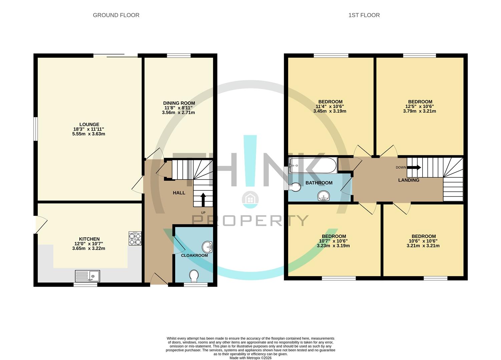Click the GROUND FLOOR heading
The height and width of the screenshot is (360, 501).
pos(116,15)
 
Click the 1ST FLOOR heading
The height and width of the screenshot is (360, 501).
pos(364,15)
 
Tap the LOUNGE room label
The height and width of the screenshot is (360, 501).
pos(89,125)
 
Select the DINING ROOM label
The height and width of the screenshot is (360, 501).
pos(179,103)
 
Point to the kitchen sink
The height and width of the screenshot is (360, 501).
pos(87,276)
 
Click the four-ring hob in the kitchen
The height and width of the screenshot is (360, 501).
pos(135,239)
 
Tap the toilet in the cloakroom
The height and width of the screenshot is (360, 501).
pos(194,276)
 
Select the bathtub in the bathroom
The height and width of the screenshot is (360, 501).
pos(313,165)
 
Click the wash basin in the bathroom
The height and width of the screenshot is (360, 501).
pos(323,196)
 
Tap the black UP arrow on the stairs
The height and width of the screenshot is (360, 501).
pos(203,200)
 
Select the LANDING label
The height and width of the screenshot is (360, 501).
pos(409,180)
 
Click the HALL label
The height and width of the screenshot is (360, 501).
pos(179,193)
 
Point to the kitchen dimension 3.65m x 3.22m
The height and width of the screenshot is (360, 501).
pos(89,248)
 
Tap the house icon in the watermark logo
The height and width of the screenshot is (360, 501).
pos(250,199)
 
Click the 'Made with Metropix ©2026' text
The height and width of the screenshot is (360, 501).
pos(250,358)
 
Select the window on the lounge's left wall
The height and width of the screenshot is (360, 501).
pos(35,129)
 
